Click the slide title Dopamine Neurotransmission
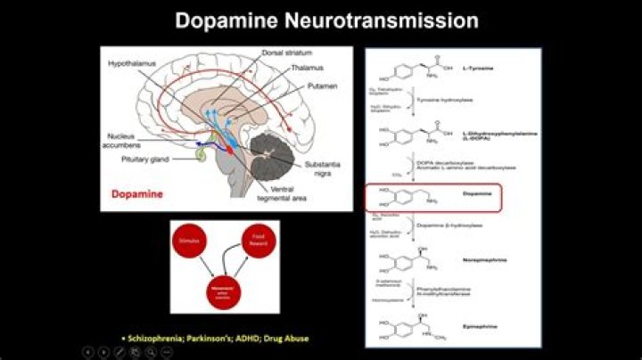(x=326, y=20)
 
